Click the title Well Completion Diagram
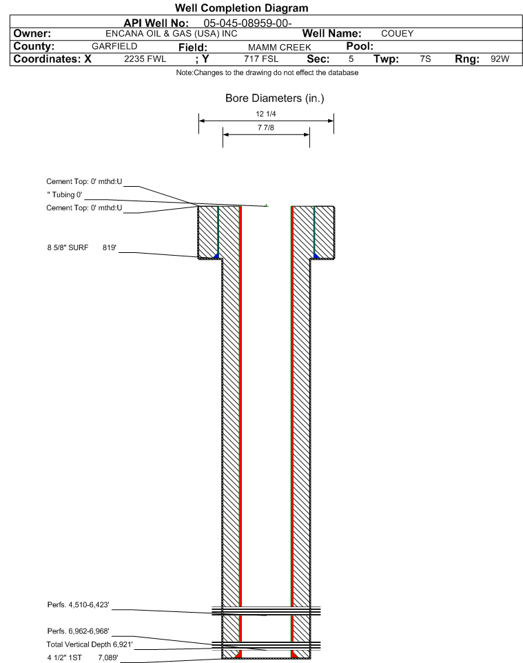tap(241, 8)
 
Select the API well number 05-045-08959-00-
tap(247, 23)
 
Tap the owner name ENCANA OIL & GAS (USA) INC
tap(172, 34)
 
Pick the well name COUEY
tap(397, 34)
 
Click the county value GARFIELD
tap(114, 46)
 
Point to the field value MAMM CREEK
tap(280, 48)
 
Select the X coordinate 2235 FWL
tap(145, 59)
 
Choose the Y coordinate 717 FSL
tap(261, 59)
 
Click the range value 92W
tap(500, 59)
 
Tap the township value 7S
tap(425, 59)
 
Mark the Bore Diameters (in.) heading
tap(274, 99)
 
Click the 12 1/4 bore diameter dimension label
tap(265, 114)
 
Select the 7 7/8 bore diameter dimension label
tap(265, 127)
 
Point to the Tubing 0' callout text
tap(65, 195)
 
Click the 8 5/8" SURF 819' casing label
tap(81, 248)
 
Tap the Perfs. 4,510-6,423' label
tap(79, 605)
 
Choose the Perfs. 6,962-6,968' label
tap(79, 631)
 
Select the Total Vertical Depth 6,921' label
tap(90, 644)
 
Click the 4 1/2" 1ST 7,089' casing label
tap(83, 657)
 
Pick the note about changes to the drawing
tap(267, 73)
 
